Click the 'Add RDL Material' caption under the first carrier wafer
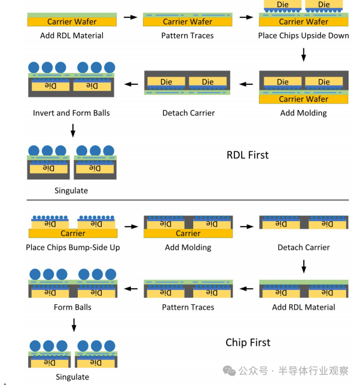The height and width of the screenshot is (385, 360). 72,35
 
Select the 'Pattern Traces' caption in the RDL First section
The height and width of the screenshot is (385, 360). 188,35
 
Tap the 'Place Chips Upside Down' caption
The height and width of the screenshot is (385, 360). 303,35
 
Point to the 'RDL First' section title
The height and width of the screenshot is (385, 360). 248,155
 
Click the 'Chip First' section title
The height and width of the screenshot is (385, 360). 248,343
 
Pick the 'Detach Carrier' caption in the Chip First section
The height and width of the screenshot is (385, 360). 303,247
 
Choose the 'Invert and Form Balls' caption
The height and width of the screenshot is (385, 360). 72,113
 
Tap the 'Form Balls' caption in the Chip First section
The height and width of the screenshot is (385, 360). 72,307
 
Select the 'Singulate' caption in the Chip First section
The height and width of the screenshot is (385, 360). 72,377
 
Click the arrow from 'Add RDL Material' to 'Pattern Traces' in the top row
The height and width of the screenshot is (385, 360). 130,17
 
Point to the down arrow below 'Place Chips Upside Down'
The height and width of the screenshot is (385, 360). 304,55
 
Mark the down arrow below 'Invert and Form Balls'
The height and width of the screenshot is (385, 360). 72,130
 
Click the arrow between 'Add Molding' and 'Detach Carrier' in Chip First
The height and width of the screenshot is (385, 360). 246,227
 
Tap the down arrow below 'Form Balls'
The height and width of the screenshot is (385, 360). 74,325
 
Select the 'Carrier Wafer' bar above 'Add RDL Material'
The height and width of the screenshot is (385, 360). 72,22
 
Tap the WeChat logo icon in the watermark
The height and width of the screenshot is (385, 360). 229,371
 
